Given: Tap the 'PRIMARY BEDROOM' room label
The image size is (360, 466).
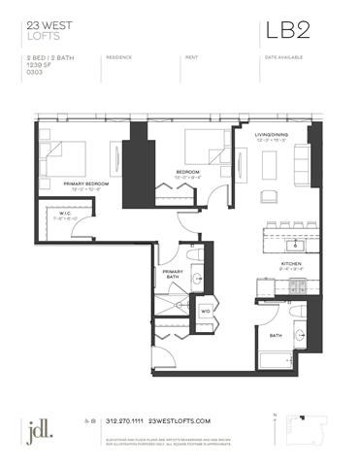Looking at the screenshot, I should point(84,183).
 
